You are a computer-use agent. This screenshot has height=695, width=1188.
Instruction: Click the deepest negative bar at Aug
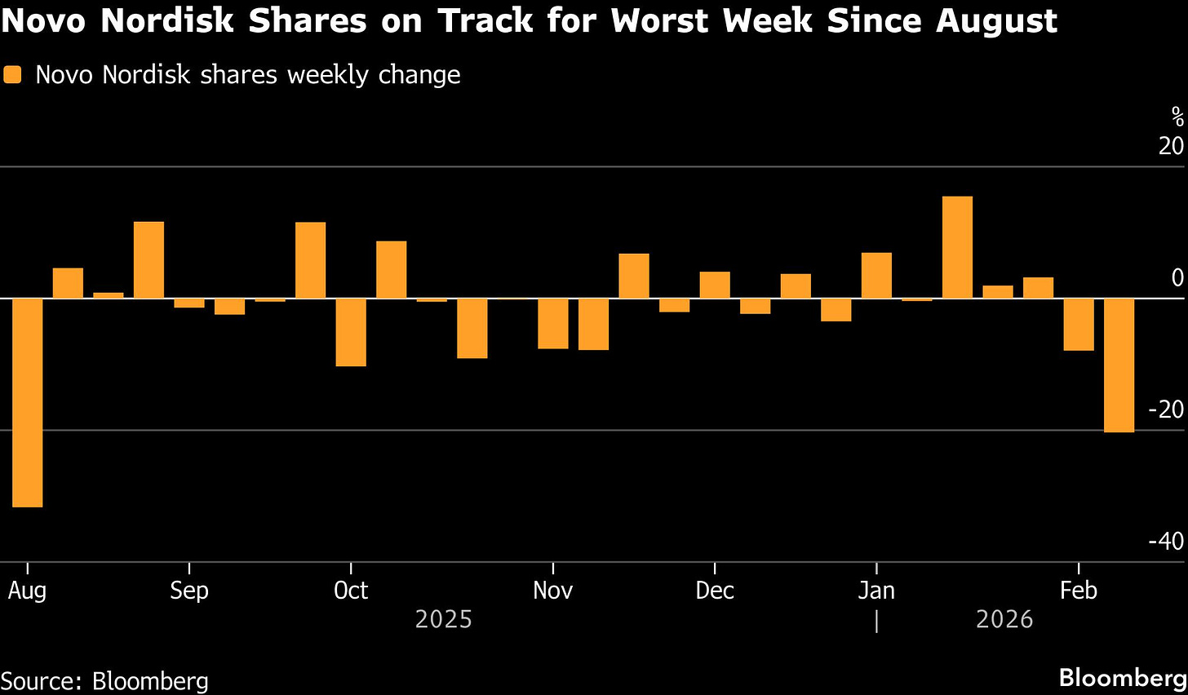27,402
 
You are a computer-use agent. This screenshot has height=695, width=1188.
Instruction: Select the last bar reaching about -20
1119,365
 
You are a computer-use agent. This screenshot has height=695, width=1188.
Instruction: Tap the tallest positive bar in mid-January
957,247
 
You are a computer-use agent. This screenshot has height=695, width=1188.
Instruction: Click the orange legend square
12,75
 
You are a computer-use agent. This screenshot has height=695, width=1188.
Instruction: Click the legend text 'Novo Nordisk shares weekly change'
248,75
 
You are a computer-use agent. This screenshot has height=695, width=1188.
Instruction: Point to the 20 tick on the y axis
1171,146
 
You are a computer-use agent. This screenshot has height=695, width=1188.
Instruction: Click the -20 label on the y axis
1165,409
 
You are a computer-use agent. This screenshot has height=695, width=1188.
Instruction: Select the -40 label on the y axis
1165,542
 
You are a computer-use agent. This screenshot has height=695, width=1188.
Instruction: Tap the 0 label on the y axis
1177,278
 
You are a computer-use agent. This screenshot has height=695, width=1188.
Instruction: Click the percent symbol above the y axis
1177,117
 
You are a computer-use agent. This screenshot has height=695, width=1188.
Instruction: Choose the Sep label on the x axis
189,591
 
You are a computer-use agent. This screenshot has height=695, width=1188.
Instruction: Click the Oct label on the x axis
351,591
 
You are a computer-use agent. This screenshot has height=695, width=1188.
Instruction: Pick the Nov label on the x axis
552,591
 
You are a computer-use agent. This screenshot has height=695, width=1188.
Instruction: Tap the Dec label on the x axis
715,591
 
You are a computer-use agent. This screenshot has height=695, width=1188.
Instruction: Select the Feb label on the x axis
1078,591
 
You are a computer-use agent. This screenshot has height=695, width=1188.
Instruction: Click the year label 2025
443,620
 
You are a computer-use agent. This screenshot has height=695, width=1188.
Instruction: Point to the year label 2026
1004,620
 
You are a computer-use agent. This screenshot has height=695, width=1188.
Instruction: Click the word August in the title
996,21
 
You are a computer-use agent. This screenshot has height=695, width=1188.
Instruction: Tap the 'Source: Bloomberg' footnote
104,681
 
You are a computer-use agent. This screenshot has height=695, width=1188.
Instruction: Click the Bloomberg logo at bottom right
1123,678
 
